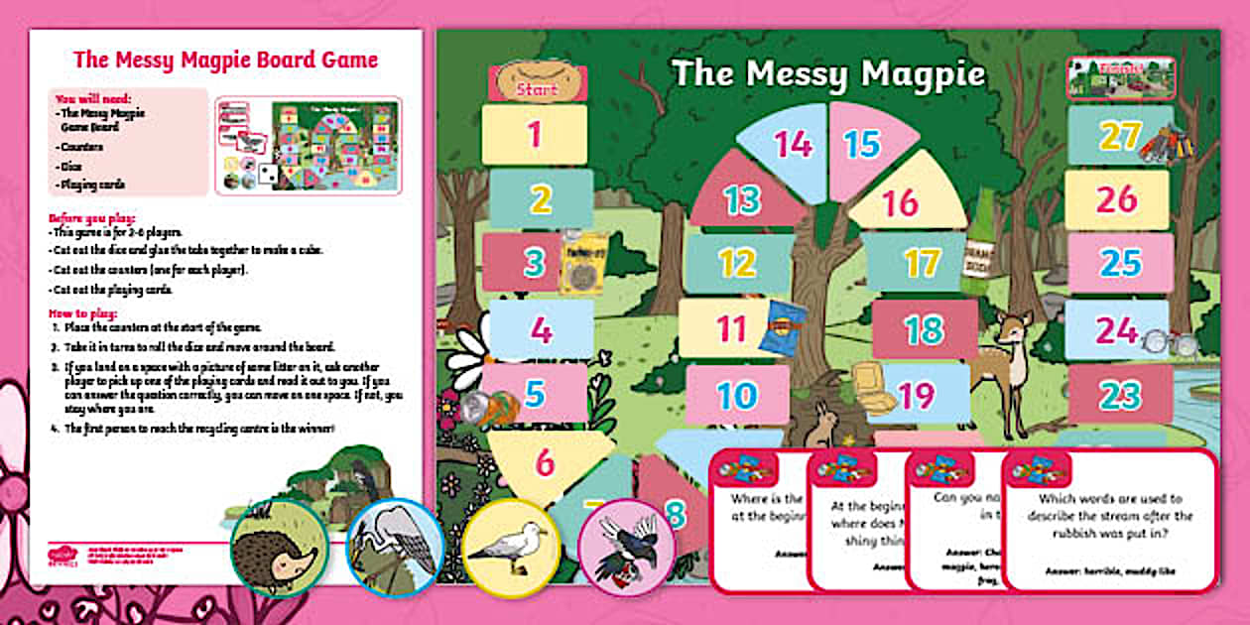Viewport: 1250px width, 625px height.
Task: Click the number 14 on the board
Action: (794, 145)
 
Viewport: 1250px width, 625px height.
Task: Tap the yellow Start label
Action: (537, 88)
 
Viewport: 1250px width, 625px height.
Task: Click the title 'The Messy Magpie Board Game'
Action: (225, 60)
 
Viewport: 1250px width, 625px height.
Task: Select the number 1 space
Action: (535, 134)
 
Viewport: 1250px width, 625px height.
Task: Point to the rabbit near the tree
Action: (822, 425)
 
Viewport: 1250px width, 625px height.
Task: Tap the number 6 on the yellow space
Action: (545, 462)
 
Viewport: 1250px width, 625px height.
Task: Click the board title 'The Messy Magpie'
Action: (828, 74)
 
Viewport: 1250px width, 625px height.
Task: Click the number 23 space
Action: (1119, 396)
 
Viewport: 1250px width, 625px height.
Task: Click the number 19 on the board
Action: (917, 396)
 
